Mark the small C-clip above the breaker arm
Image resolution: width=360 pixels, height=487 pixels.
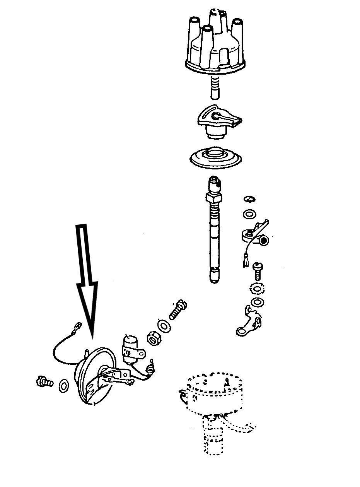(249, 200)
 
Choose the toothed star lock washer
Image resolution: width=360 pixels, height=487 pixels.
(256, 289)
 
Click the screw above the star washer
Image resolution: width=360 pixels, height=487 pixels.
(257, 270)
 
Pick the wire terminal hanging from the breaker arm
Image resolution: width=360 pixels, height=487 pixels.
(245, 261)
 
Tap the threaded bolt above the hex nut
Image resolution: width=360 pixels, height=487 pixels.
(177, 310)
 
